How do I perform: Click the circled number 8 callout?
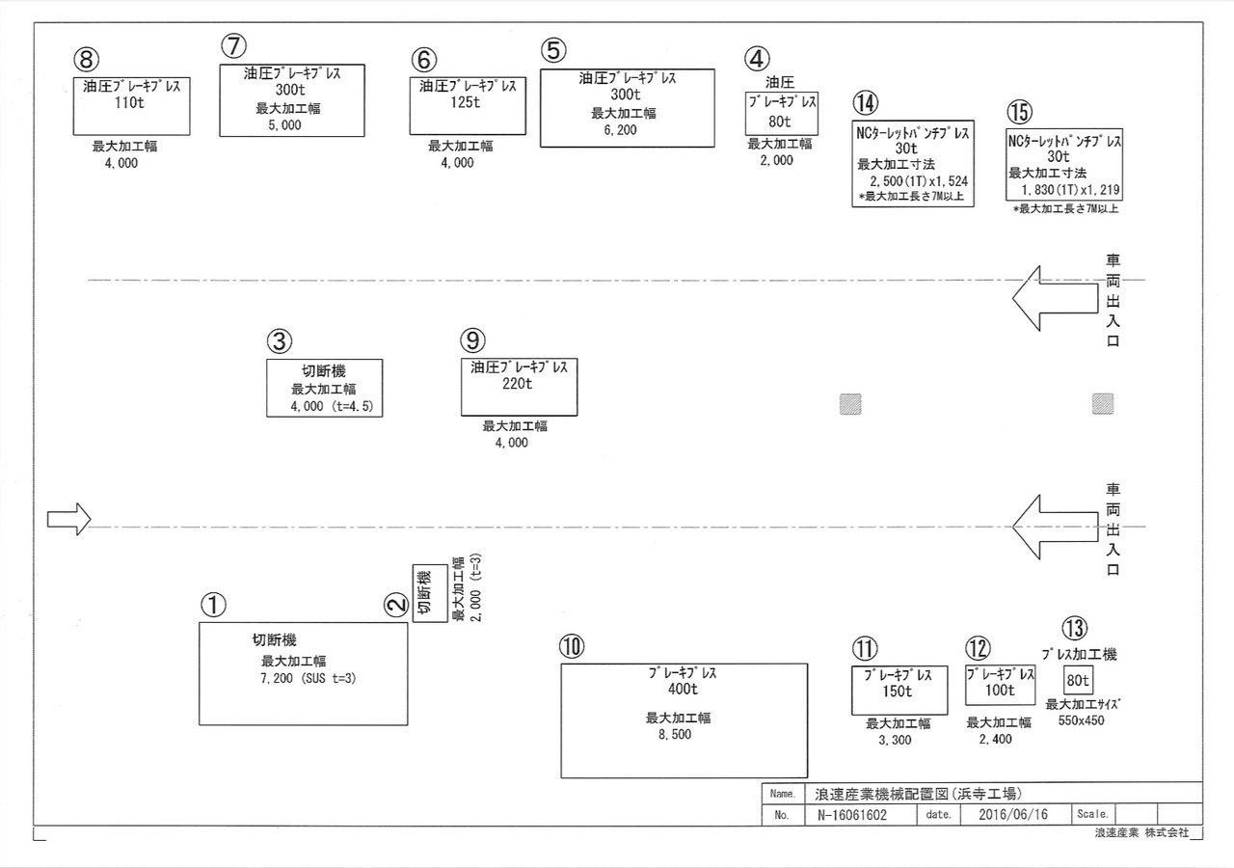(x=87, y=60)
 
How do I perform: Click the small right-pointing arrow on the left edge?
(x=68, y=519)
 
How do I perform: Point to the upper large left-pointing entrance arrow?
(x=1055, y=298)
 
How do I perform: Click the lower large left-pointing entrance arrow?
(x=1055, y=527)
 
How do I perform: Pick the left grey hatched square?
(x=850, y=404)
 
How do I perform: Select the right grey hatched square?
(x=1103, y=403)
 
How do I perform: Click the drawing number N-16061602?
(x=852, y=815)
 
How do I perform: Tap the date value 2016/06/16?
(x=1013, y=815)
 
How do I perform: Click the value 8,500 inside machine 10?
(x=675, y=735)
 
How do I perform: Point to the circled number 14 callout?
(x=866, y=102)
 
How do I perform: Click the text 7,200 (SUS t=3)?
(x=308, y=678)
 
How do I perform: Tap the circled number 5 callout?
(x=553, y=50)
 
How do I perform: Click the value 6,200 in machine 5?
(x=620, y=130)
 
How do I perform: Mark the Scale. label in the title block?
(x=1092, y=814)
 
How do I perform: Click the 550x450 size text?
(x=1082, y=720)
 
